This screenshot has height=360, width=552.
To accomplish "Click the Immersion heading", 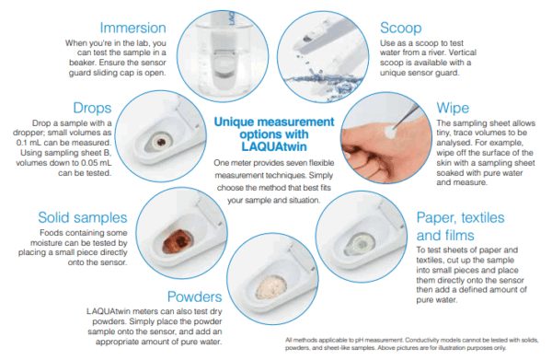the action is (x=132, y=28).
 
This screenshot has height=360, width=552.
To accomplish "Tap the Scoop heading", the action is (x=400, y=29).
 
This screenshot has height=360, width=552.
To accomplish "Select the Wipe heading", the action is (x=453, y=108).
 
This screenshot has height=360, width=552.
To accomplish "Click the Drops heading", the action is (x=92, y=108).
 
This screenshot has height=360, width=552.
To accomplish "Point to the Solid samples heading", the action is (x=83, y=217).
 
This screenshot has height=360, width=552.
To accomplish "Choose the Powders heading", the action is (x=195, y=296).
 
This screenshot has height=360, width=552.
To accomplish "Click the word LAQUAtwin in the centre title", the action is (x=274, y=146).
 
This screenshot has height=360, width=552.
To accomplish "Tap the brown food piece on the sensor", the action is (x=178, y=241).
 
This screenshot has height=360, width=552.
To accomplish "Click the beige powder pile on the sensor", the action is (x=270, y=287).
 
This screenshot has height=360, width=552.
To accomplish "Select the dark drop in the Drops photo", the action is (x=161, y=142).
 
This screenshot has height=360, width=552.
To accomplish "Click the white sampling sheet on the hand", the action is (x=389, y=132).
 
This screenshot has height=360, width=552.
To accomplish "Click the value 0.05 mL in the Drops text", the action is (x=96, y=163).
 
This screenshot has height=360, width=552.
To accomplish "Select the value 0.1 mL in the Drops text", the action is (x=33, y=143).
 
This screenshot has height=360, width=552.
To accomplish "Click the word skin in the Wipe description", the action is (x=444, y=163).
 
